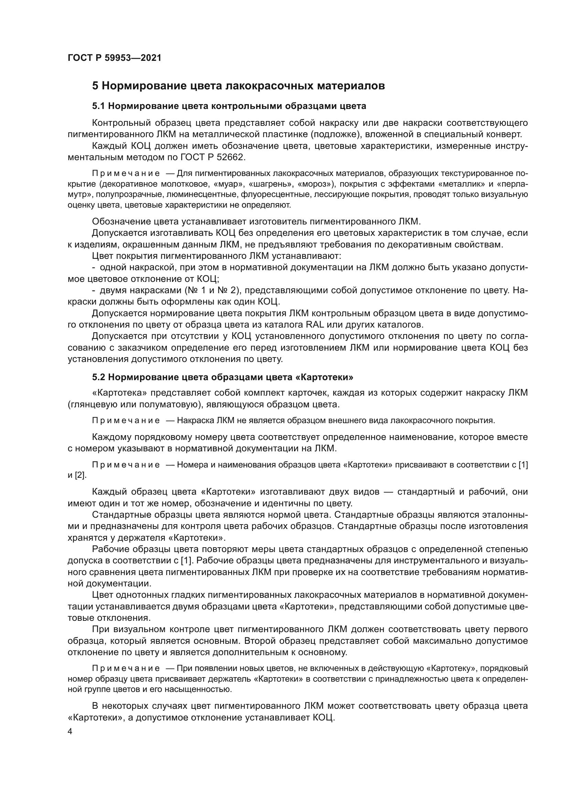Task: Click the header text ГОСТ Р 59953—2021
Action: [x=115, y=58]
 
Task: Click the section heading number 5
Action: [x=95, y=86]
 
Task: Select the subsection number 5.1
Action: [x=98, y=106]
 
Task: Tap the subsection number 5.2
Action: [x=98, y=377]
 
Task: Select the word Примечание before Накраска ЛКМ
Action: [x=126, y=420]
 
